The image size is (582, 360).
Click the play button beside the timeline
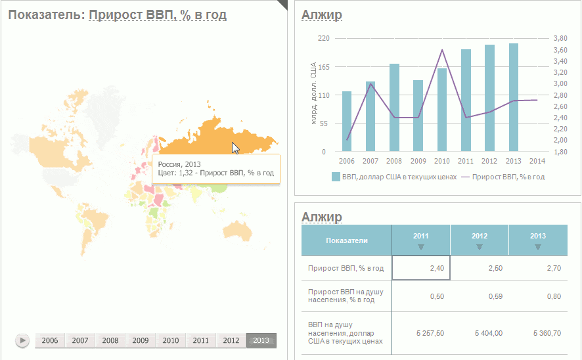pos(22,340)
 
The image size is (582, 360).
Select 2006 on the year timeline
pos(50,340)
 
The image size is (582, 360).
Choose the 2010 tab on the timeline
pos(171,340)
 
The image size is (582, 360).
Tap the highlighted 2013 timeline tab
pos(261,340)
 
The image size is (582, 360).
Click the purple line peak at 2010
pos(442,50)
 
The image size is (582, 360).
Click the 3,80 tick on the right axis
pos(560,38)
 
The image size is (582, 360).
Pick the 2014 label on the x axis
pos(537,161)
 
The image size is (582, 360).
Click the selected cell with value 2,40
pos(421,268)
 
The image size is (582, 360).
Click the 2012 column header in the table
pos(480,240)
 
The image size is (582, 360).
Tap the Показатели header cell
pos(347,240)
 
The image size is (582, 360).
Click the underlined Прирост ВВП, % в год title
pos(157,14)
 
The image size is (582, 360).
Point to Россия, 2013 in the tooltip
pos(179,164)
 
